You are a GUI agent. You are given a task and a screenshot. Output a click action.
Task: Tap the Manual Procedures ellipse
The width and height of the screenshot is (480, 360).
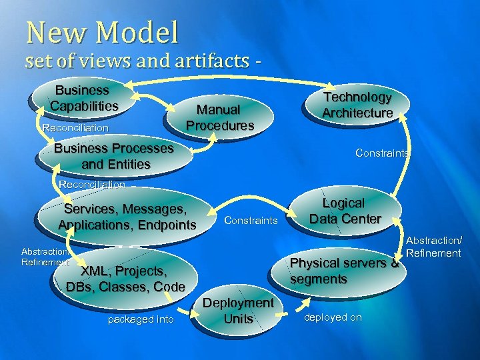click(220, 117)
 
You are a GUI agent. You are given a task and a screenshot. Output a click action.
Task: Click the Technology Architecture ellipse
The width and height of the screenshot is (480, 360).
click(357, 105)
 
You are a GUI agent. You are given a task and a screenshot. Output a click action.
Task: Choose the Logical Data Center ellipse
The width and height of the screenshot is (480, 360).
click(345, 211)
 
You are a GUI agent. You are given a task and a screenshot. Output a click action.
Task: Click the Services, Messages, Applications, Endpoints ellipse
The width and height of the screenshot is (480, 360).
click(127, 217)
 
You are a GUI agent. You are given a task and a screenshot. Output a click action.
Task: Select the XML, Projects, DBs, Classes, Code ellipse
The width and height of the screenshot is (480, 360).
click(125, 279)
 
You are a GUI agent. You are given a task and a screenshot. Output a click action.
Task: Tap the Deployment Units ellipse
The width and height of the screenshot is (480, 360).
click(238, 311)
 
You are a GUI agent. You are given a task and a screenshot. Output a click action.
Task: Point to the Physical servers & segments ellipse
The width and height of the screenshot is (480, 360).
click(343, 271)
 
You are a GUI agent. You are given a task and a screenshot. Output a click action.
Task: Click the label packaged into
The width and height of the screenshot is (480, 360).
click(140, 319)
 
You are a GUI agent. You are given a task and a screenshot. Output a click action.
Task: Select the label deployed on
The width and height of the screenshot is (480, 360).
click(333, 317)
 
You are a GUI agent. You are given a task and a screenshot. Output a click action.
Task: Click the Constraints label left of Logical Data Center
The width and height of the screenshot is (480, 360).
click(251, 220)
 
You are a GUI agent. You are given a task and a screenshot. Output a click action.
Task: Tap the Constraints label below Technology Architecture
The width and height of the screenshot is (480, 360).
click(383, 153)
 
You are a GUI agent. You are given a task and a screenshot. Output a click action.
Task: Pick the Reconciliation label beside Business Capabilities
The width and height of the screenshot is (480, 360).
click(75, 127)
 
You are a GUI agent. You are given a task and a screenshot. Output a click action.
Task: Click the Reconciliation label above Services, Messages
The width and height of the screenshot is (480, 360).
click(92, 184)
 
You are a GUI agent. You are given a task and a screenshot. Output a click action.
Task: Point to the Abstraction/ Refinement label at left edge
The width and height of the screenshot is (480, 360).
click(44, 257)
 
